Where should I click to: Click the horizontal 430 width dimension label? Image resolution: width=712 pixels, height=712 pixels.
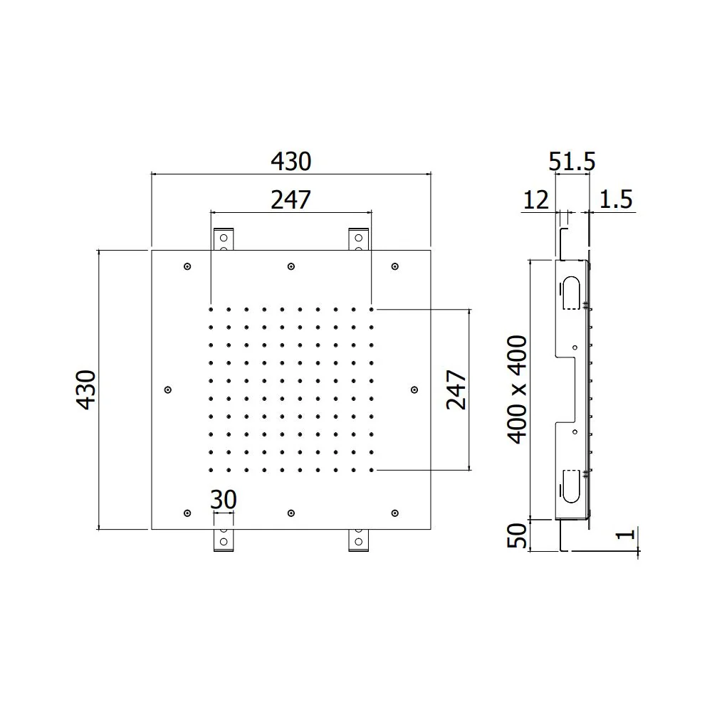[x=291, y=161]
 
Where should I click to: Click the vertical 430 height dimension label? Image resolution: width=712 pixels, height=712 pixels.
[x=86, y=389]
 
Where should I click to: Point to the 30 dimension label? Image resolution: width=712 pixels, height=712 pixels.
[x=224, y=500]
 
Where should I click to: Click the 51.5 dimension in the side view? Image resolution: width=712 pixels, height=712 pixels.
[x=572, y=161]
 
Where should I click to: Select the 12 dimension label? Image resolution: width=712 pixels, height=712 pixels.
[x=536, y=200]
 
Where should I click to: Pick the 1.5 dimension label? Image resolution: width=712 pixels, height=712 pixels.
[x=616, y=200]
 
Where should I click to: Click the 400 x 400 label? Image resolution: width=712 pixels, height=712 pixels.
[x=517, y=389]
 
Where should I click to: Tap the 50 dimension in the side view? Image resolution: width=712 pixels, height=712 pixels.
[x=517, y=536]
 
